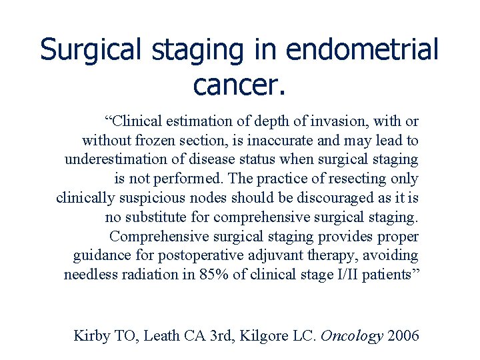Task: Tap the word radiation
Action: [157, 275]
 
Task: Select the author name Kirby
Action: [91, 335]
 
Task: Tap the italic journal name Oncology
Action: [352, 335]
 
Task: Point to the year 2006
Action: [403, 335]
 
